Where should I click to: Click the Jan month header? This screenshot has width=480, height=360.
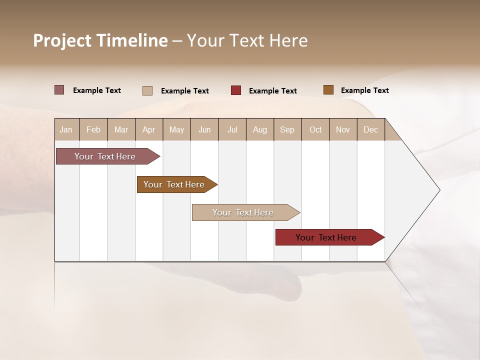(66, 129)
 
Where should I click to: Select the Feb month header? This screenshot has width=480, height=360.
(93, 129)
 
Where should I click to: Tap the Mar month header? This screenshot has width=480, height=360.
(121, 129)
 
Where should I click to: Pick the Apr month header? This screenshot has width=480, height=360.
(149, 129)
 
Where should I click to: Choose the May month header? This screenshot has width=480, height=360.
(176, 129)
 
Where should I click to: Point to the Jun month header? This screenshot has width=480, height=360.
(204, 129)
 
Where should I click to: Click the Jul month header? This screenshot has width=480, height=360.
(232, 129)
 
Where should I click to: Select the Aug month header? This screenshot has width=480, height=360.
(260, 129)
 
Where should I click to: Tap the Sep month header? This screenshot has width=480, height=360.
(287, 129)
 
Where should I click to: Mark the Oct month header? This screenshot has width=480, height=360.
(315, 129)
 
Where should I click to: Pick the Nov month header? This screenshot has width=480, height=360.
(343, 129)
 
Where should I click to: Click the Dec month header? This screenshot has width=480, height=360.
(371, 129)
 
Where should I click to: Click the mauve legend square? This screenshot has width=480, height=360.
(59, 90)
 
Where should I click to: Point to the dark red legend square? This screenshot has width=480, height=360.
(236, 90)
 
